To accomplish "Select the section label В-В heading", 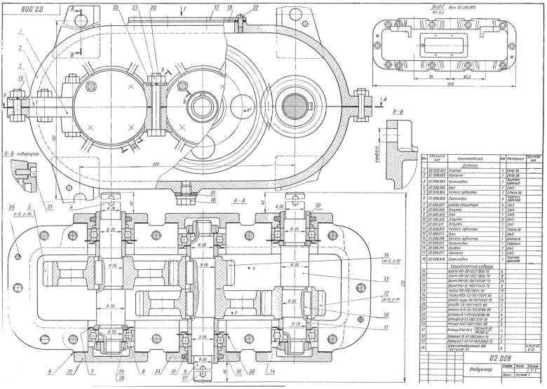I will tap(397, 111).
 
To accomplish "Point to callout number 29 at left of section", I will tap(13, 206).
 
